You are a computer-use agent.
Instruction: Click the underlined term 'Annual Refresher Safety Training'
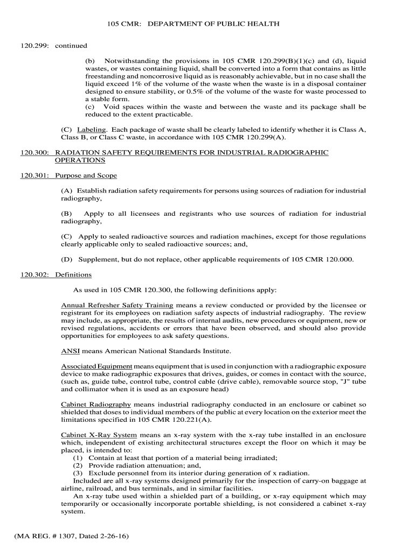click(x=117, y=305)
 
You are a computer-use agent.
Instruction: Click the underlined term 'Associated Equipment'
click(x=96, y=366)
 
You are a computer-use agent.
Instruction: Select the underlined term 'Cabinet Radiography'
click(x=96, y=404)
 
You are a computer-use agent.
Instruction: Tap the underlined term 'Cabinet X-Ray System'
click(x=99, y=435)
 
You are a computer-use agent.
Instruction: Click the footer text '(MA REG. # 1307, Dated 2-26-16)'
click(x=72, y=536)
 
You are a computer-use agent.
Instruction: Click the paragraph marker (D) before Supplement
click(x=67, y=259)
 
